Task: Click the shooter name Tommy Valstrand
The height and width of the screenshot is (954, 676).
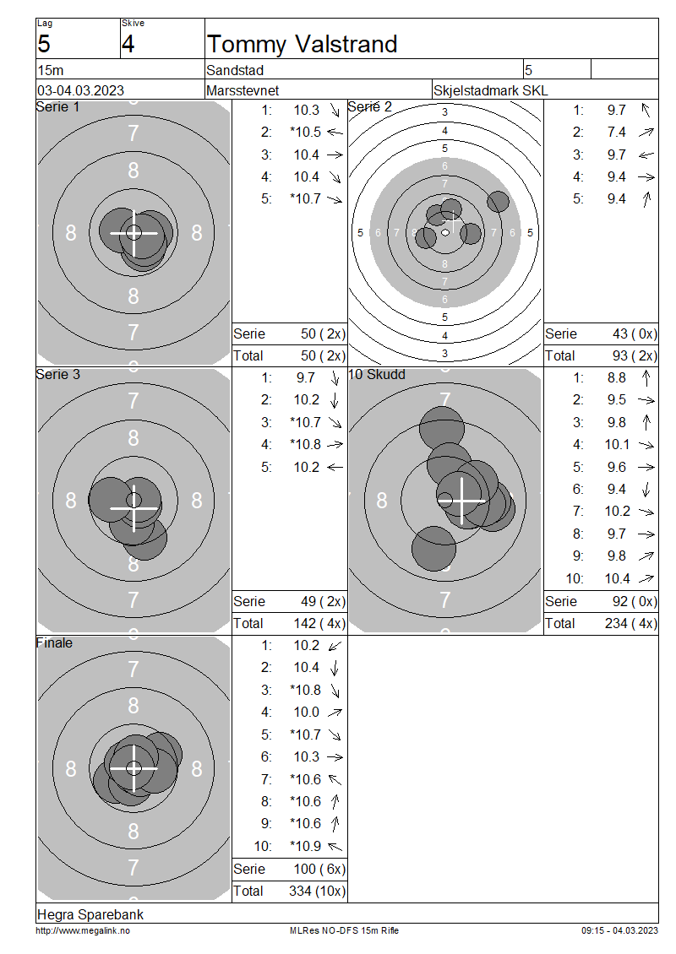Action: tap(302, 45)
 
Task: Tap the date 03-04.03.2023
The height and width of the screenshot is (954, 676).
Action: tap(80, 90)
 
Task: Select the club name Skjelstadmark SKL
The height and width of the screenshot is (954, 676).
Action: tap(490, 90)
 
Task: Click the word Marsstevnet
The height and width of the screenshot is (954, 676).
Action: tap(243, 90)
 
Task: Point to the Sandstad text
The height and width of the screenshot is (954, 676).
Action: tap(235, 71)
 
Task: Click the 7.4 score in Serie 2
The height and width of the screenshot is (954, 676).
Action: tap(616, 132)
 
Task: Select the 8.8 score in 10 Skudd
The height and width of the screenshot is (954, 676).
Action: tap(616, 378)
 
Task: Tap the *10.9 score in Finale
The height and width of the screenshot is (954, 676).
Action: tap(306, 846)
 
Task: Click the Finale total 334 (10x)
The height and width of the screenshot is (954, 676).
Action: tap(317, 892)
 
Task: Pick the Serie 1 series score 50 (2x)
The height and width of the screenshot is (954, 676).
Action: tap(323, 334)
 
